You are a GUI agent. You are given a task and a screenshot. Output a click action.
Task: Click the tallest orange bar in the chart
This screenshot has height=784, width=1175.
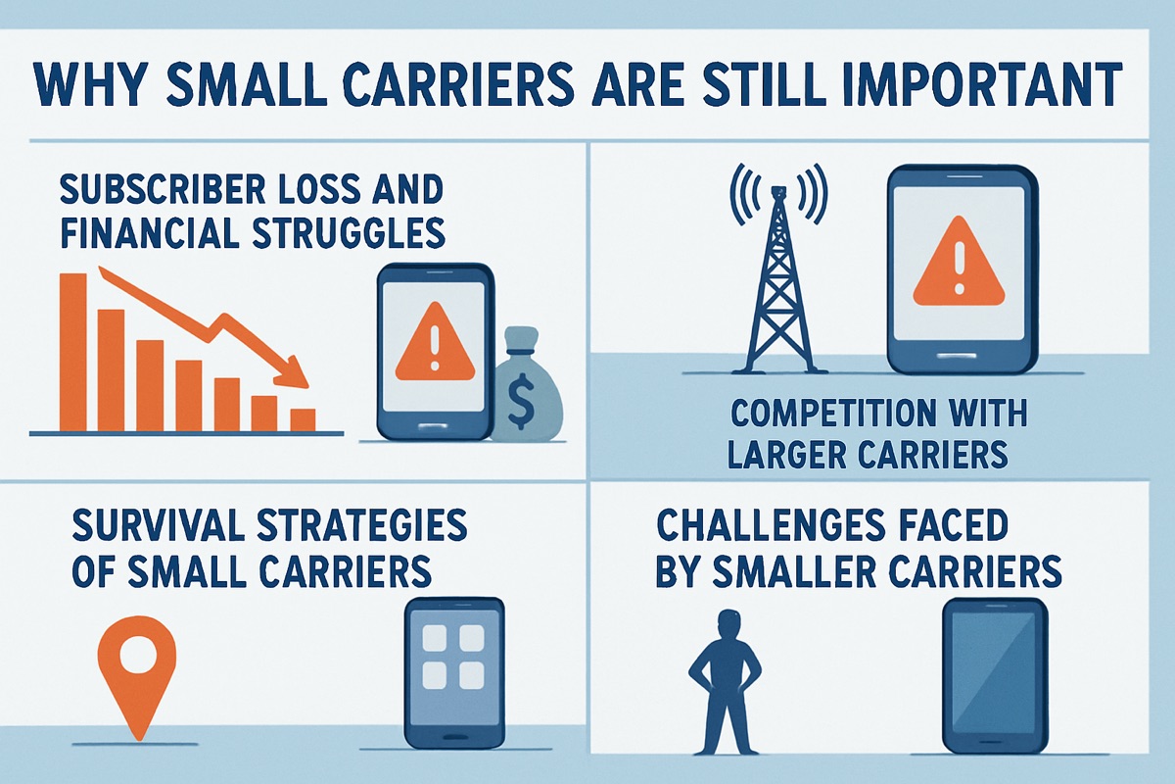73,352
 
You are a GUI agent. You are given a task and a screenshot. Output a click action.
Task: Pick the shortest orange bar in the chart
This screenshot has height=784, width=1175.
303,418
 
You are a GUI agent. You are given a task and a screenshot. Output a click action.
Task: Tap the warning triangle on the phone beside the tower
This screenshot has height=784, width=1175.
960,265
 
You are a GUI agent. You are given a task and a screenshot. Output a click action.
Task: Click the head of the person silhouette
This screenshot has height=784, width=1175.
727,625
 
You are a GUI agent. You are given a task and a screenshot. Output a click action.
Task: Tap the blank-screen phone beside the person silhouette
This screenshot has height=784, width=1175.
993,676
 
